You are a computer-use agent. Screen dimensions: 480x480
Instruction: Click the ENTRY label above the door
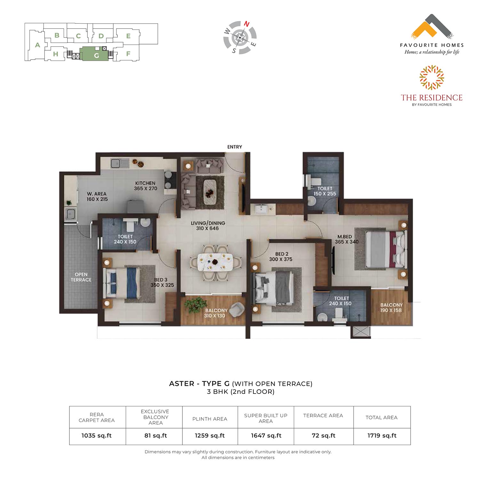[x=235, y=147]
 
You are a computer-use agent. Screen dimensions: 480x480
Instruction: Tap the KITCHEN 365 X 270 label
[x=146, y=186]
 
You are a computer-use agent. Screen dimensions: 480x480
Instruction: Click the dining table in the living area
[x=215, y=262]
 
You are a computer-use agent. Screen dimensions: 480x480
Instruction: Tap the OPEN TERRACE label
[x=81, y=277]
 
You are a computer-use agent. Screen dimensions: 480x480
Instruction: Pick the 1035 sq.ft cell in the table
[x=97, y=436]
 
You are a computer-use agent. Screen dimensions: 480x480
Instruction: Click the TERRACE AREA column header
[x=323, y=416]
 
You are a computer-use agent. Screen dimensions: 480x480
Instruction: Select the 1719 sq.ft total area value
[x=382, y=436]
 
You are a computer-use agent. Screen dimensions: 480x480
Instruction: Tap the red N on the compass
[x=246, y=24]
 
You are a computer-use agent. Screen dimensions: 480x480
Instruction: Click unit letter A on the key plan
[x=37, y=45]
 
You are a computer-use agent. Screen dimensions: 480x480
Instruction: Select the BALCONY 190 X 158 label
[x=391, y=308]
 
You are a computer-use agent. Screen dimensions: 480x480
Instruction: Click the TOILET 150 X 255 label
[x=325, y=191]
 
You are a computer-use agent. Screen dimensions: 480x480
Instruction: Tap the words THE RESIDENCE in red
[x=432, y=98]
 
